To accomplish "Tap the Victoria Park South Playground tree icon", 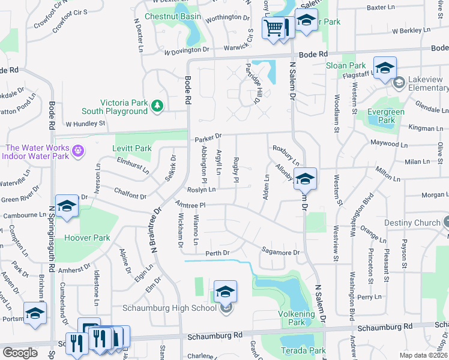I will pyautogui.click(x=157, y=106).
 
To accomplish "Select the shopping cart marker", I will pyautogui.click(x=274, y=28).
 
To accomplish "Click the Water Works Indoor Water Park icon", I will pyautogui.click(x=77, y=149).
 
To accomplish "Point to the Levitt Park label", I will pyautogui.click(x=131, y=148).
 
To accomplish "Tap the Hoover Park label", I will pyautogui.click(x=88, y=238).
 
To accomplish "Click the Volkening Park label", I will pyautogui.click(x=297, y=318).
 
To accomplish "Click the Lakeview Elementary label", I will pyautogui.click(x=424, y=88).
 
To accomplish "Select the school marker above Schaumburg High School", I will pyautogui.click(x=225, y=292).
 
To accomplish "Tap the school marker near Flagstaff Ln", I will pyautogui.click(x=385, y=67).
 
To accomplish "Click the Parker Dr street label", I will pyautogui.click(x=208, y=139).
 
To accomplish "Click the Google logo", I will pyautogui.click(x=20, y=353).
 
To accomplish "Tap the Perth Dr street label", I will pyautogui.click(x=218, y=253).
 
